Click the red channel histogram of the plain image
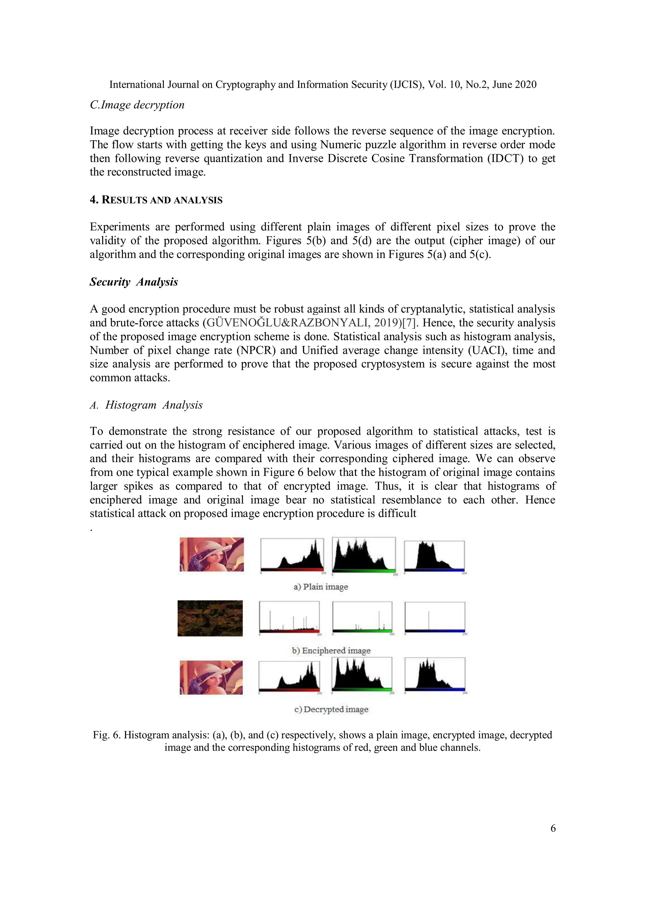click(292, 555)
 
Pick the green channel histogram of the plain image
click(364, 555)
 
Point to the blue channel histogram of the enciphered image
click(435, 617)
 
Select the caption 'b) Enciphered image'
click(331, 650)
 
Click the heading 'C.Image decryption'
click(137, 105)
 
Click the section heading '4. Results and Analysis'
click(156, 200)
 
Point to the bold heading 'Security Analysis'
click(134, 282)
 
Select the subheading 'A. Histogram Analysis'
click(146, 405)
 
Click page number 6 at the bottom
click(553, 828)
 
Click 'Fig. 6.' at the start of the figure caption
click(106, 735)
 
